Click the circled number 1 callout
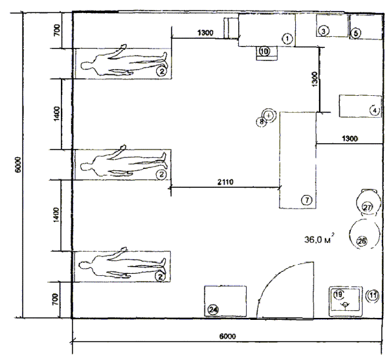pos(287,39)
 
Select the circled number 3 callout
pos(324,31)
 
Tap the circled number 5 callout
pos(355,33)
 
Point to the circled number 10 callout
pos(265,51)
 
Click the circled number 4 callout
pos(375,110)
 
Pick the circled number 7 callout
pos(307,200)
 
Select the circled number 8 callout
pos(262,122)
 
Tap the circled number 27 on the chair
pos(367,207)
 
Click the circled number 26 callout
pos(362,241)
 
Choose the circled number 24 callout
pos(213,310)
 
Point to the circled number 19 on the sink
pos(339,295)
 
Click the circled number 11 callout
pos(373,296)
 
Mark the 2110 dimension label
pos(226,182)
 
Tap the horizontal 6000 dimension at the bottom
pos(228,336)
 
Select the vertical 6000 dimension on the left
pos(18,164)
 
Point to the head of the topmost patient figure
pos(86,65)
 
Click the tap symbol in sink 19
pos(346,305)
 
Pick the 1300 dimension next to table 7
pos(350,139)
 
